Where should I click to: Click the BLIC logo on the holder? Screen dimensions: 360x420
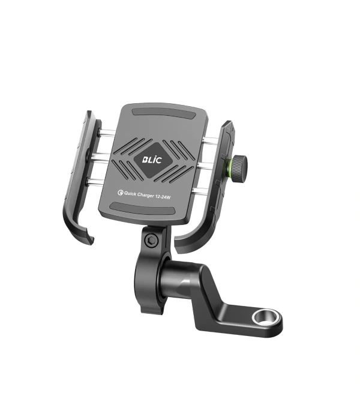pyautogui.click(x=152, y=160)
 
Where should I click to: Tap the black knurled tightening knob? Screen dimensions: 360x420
pyautogui.click(x=239, y=167)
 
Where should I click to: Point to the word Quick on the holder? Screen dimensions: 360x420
pyautogui.click(x=130, y=194)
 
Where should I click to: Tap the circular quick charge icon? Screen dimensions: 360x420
pyautogui.click(x=120, y=193)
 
